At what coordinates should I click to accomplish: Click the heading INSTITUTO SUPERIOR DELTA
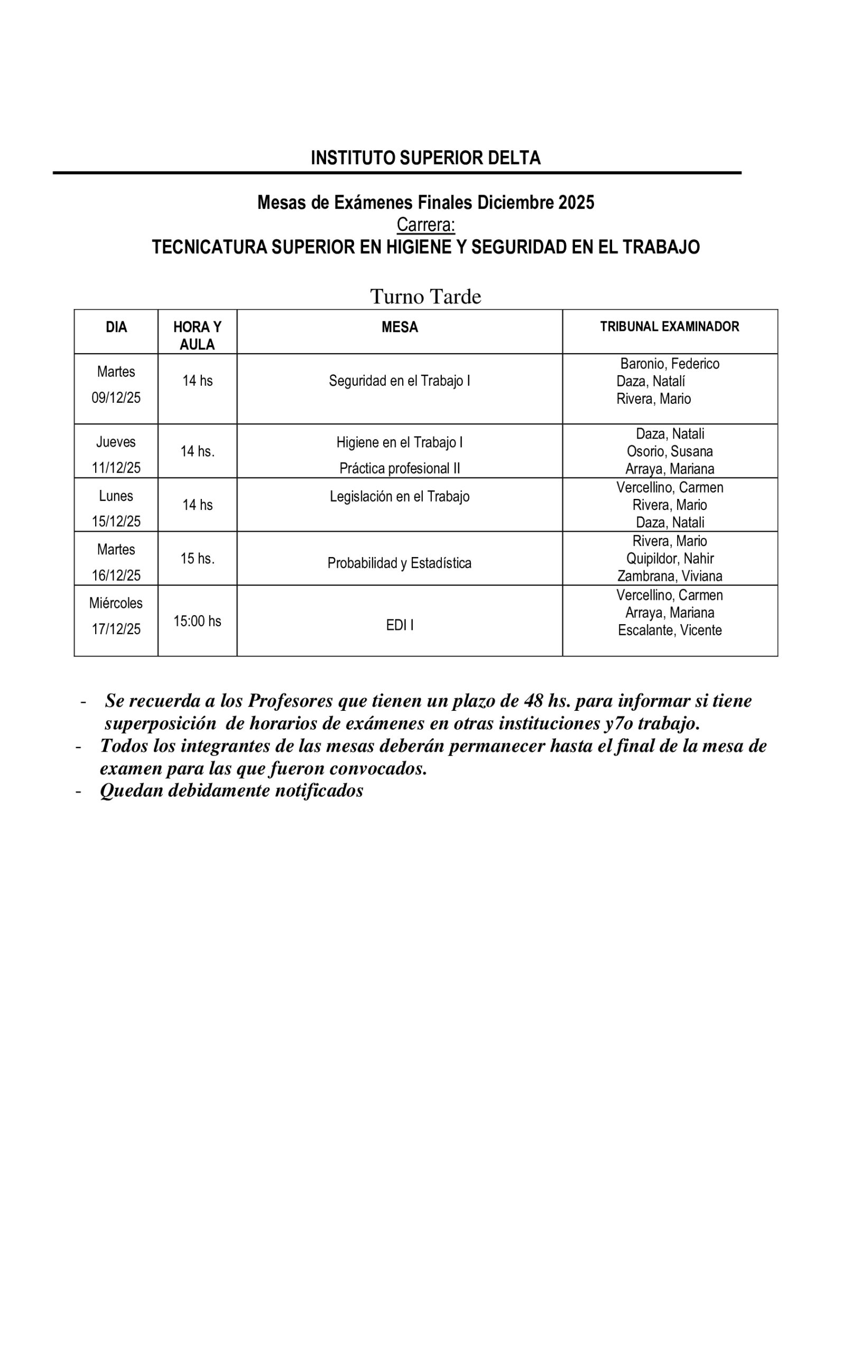pos(425,158)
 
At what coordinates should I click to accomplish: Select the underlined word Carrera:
pos(425,225)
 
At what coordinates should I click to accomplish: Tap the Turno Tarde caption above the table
pos(425,296)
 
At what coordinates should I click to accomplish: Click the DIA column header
pos(116,327)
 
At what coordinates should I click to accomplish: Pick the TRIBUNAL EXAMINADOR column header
pos(669,327)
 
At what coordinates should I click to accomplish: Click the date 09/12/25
pos(116,398)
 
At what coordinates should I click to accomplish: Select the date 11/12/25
pos(116,468)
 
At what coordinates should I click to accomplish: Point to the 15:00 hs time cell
pos(197,621)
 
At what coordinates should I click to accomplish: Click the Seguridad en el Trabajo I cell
pos(400,381)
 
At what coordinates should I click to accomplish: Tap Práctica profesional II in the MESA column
pos(400,468)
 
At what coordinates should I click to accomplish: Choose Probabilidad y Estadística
pos(400,563)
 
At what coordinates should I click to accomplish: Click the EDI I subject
pos(400,625)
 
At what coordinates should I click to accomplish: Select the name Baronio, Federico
pos(669,364)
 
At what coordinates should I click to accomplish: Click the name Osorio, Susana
pos(669,451)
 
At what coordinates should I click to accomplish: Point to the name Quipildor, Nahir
pos(669,559)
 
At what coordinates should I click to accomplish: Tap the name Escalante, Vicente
pos(669,630)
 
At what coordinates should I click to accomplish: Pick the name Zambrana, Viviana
pos(669,576)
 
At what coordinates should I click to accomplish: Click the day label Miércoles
pos(116,603)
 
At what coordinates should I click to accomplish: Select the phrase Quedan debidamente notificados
pos(231,791)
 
